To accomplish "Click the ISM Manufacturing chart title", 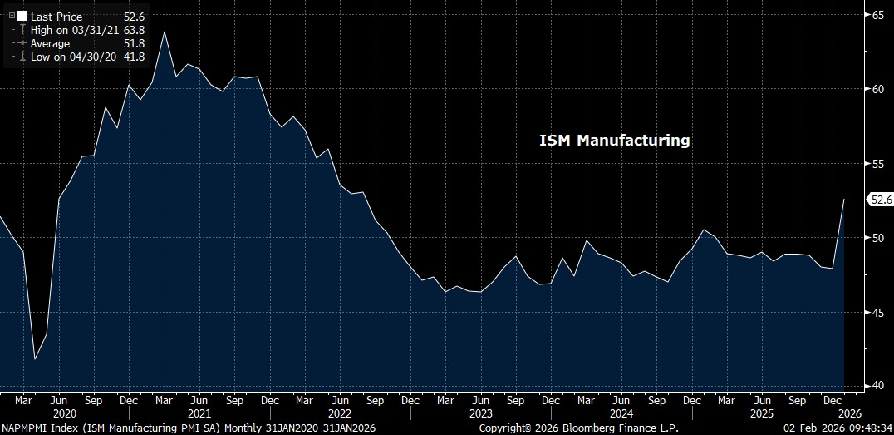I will point(615,141).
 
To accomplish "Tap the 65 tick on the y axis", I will point(877,15).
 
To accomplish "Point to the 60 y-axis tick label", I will point(877,89).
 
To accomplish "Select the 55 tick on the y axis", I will point(877,164).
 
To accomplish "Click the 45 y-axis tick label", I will point(877,312).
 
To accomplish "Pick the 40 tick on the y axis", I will point(877,386).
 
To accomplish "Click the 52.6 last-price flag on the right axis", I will point(879,200).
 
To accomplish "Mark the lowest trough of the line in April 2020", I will point(35,359).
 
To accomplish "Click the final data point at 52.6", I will point(844,200).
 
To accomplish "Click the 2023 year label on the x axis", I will point(481,413).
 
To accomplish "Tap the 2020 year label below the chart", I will point(64,413).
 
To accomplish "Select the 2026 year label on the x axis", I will point(850,413).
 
